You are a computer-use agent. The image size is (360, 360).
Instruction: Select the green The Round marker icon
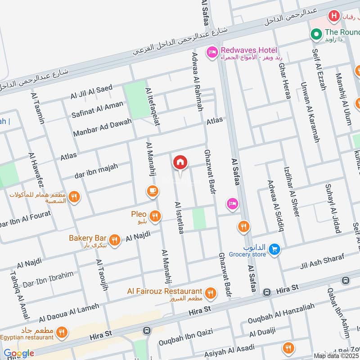coord(317,34)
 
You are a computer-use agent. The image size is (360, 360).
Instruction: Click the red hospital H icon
coord(333,17)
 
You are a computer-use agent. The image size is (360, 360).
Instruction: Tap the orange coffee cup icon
coord(153,192)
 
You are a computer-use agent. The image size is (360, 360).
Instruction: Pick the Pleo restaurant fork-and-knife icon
coord(155,216)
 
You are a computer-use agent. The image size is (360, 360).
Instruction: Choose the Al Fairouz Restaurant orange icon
coord(210,294)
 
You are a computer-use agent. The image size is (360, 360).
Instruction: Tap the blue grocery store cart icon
coord(275,248)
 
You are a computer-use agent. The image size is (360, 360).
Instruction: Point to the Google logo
coord(18,353)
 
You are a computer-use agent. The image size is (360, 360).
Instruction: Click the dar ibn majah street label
coord(96,171)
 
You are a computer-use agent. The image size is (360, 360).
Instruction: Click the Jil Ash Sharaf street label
coord(321,262)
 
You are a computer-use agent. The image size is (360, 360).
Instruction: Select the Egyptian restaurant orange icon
coord(62,333)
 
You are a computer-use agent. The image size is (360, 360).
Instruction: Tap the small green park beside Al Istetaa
coord(199,219)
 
